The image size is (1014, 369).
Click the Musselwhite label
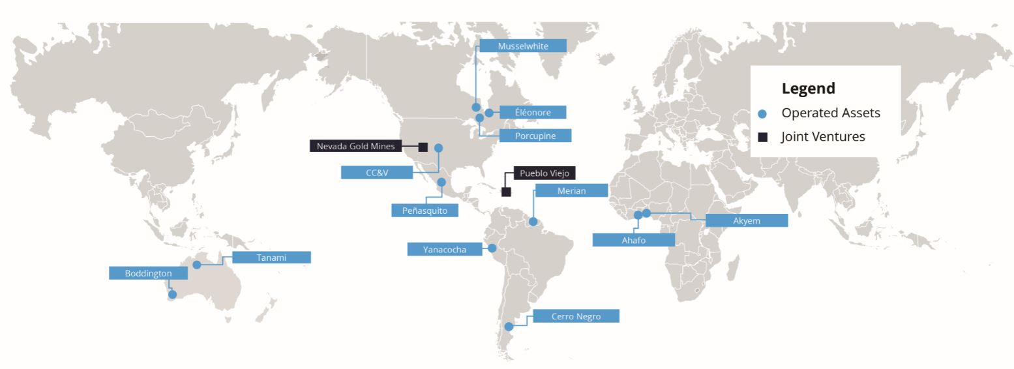[x=522, y=46]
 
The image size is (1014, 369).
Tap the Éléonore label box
[x=532, y=112]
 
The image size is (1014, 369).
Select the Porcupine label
[x=535, y=136]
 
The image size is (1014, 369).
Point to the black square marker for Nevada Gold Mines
[x=423, y=147]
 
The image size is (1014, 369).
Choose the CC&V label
[x=376, y=173]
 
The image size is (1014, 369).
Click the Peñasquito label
[x=425, y=211]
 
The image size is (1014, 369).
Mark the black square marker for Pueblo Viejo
[x=506, y=192]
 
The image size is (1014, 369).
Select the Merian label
[x=571, y=190]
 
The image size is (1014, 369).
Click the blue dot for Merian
[x=533, y=222]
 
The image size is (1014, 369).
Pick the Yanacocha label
[x=444, y=249]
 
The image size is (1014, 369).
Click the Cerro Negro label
[x=575, y=316]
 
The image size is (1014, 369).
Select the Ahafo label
[x=633, y=240]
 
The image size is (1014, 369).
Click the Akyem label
[x=747, y=220]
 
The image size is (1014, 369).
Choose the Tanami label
[x=271, y=258]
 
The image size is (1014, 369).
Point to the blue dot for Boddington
[x=172, y=295]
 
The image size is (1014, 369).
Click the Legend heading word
[x=808, y=89]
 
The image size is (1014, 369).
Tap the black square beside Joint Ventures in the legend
[x=762, y=137]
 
